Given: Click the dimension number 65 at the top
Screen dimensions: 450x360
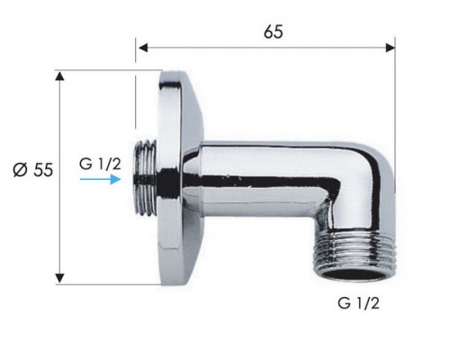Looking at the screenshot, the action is point(274,31).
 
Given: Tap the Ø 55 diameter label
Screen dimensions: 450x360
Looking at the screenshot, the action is point(33,170).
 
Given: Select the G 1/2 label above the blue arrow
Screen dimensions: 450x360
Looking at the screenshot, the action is point(100,164).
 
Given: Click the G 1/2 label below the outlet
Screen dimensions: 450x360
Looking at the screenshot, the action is point(358,303).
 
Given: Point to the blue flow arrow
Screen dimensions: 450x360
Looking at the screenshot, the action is point(101,179).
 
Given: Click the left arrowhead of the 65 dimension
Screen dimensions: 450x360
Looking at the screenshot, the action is point(143,48).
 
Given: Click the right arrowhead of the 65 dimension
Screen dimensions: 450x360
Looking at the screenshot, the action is point(391,48).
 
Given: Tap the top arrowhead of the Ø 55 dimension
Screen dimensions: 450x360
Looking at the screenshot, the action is point(60,76).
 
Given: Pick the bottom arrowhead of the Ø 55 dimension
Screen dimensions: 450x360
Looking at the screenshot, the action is point(60,278).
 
